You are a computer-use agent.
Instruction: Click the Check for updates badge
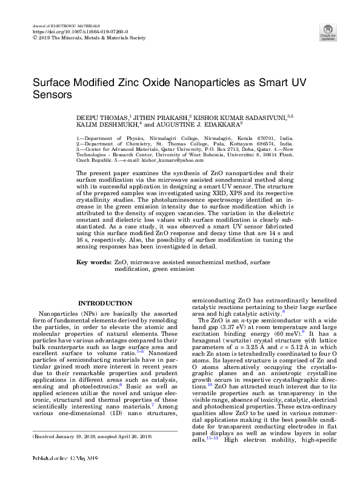pyautogui.click(x=328, y=32)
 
